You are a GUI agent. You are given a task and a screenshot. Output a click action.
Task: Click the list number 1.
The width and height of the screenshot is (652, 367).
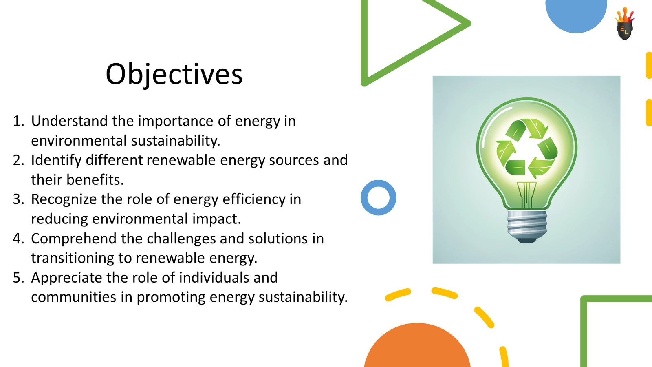coord(19,121)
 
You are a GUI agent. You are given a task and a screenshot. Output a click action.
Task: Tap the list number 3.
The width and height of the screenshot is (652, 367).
coord(19,199)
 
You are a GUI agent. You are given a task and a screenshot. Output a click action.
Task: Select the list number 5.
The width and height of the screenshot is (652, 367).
coord(19,278)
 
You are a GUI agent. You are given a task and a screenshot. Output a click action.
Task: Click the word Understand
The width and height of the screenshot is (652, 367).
coord(70,121)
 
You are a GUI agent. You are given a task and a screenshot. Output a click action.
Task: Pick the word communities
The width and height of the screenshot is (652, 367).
coord(74,297)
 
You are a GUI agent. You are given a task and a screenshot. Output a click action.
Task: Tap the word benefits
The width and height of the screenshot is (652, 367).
coord(95,179)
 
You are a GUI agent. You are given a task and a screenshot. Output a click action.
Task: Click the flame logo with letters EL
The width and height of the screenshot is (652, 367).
coord(625,24)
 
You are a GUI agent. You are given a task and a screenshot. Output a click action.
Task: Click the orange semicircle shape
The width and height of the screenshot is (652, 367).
coord(417,347)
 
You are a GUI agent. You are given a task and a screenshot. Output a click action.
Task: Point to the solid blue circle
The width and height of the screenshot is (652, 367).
coord(576,15)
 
